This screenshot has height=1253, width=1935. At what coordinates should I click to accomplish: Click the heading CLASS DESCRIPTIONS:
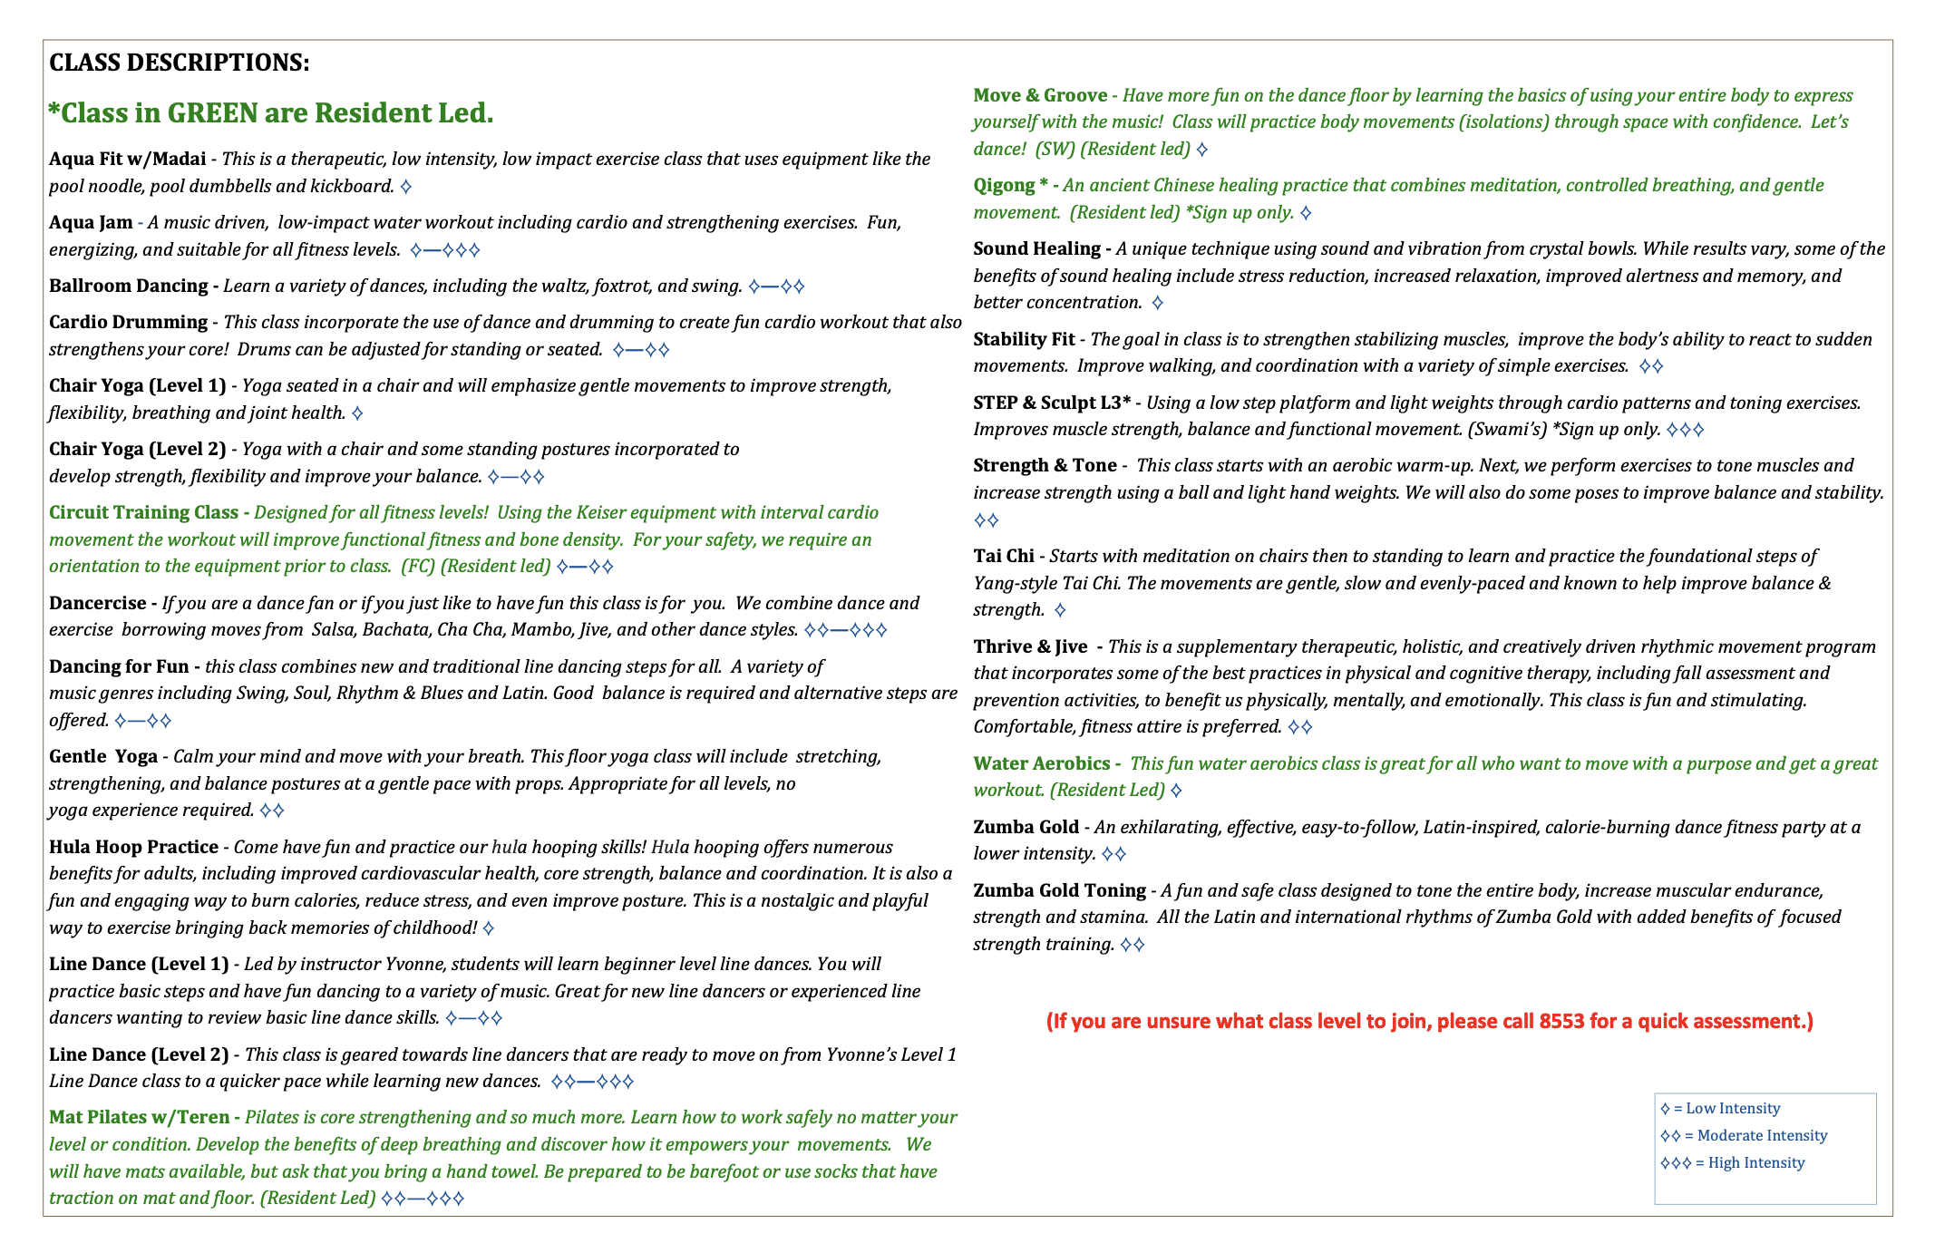(179, 63)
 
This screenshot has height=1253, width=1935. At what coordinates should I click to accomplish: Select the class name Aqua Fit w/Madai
(127, 159)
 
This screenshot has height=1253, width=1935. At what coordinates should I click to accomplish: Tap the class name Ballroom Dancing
(128, 286)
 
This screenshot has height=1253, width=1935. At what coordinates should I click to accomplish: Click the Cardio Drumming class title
(128, 322)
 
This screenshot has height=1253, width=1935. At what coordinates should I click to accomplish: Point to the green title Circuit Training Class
(143, 512)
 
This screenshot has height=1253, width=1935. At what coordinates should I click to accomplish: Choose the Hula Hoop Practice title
(133, 847)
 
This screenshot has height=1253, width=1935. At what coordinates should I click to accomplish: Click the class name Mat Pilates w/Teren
(139, 1117)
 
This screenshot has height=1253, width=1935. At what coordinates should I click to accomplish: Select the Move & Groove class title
(1040, 95)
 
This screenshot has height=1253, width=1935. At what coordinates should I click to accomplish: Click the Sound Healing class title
(1036, 248)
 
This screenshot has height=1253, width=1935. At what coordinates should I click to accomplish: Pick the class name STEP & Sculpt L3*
(1052, 403)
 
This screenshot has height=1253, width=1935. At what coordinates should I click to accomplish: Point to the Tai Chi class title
(1003, 556)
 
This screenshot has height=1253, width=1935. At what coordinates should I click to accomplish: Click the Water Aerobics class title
(1041, 763)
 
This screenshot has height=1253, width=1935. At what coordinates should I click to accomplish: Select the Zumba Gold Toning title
(1059, 890)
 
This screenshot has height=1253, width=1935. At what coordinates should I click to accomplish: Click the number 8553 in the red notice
(1561, 1021)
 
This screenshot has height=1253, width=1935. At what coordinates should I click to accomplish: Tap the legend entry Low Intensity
(1733, 1109)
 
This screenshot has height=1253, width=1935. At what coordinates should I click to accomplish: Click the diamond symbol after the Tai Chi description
(1060, 610)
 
